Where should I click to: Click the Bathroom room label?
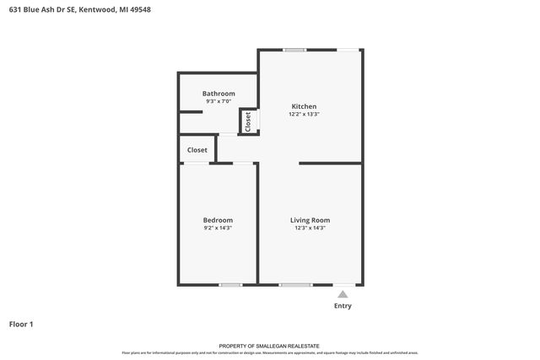219,94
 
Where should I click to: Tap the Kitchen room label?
304,106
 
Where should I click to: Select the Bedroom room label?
218,220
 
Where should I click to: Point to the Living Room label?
310,220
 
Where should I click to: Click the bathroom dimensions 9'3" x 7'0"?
219,102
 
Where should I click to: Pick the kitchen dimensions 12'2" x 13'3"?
305,114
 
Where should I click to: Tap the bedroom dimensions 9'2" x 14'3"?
218,228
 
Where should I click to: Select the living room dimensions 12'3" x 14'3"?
310,228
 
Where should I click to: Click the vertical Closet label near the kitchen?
248,121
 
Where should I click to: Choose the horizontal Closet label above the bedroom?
197,150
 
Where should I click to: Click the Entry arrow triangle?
343,294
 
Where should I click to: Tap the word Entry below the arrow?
343,306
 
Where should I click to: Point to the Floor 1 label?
21,324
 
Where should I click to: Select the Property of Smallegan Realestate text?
270,346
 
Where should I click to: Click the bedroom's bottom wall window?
230,285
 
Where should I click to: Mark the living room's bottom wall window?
295,285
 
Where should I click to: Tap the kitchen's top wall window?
294,50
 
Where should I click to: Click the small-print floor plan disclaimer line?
270,352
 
